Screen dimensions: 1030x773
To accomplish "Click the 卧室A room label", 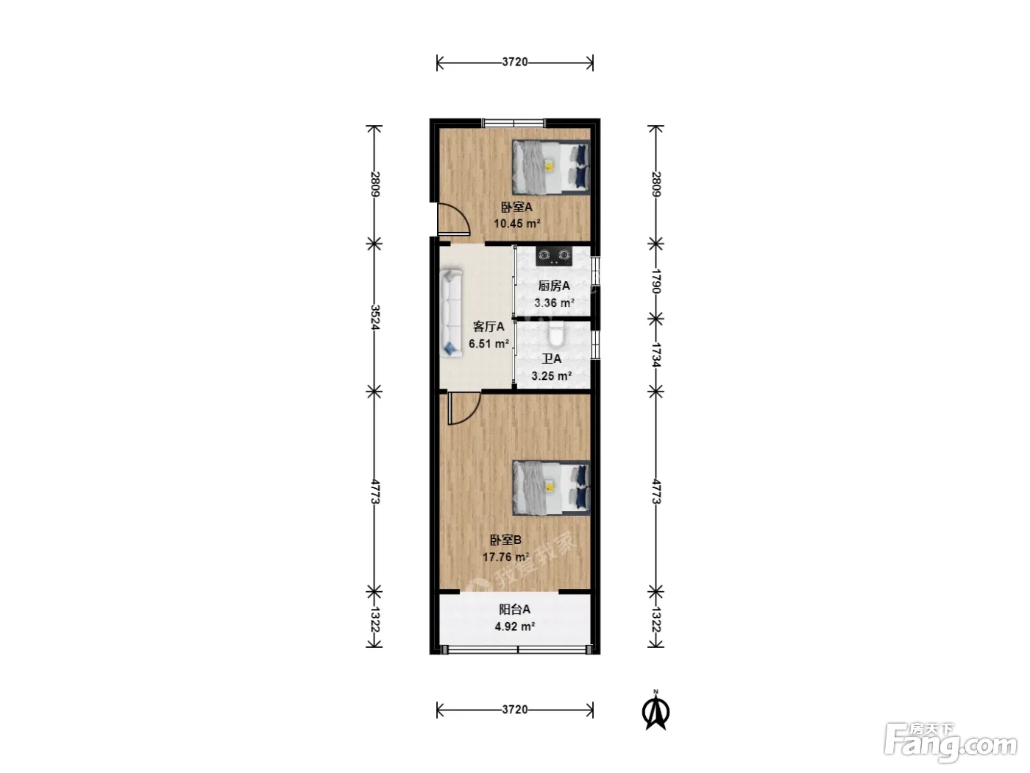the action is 516,207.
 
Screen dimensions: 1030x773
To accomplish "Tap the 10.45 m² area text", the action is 516,223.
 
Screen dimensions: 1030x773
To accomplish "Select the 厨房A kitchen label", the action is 554,286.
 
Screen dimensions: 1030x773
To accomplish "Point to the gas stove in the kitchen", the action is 554,256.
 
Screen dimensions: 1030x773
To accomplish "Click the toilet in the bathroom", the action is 556,333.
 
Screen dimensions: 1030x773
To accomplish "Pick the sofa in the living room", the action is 452,314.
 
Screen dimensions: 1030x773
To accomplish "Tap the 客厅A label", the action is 489,327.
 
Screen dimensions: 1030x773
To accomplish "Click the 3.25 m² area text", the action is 551,376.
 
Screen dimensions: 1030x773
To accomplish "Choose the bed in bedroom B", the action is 551,488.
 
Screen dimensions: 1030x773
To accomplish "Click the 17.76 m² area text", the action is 506,557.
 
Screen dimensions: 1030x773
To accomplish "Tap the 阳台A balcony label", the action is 514,610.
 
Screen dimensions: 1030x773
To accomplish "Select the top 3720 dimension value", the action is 515,62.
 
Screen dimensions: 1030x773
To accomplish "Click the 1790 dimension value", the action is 656,281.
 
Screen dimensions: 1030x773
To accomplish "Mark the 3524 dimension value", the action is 374,317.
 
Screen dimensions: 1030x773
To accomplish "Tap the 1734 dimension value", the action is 656,355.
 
